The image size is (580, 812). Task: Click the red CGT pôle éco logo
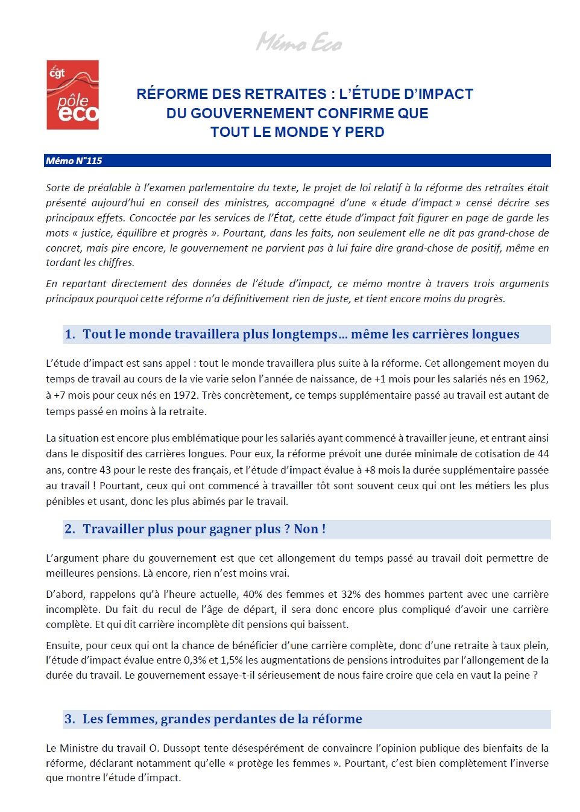(72, 95)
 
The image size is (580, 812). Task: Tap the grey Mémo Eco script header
(299, 42)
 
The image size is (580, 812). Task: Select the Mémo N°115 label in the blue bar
(74, 160)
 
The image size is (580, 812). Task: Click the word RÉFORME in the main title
(171, 94)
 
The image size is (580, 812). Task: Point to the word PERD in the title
(364, 132)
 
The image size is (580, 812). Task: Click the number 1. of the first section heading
(70, 334)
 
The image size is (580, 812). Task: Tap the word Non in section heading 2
(306, 529)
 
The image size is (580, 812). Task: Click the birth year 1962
(535, 379)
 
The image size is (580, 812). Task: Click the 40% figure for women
(253, 594)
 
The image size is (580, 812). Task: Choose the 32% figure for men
(351, 594)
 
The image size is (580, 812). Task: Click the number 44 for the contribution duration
(543, 454)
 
